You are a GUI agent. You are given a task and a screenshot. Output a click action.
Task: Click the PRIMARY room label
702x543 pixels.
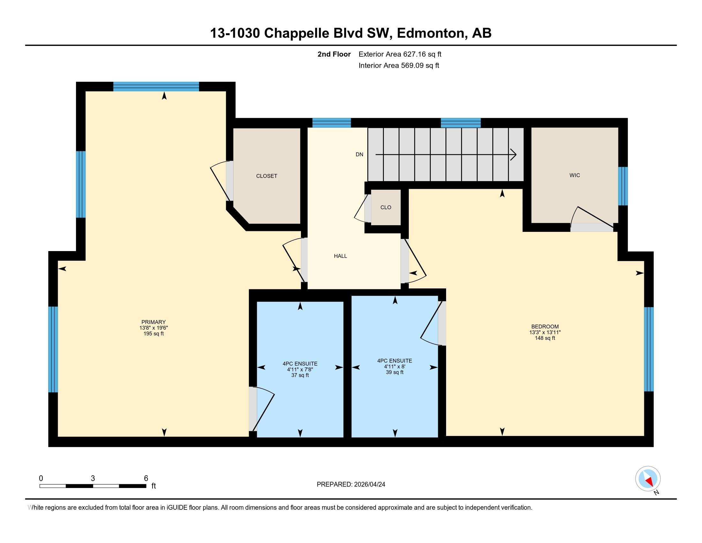click(x=153, y=322)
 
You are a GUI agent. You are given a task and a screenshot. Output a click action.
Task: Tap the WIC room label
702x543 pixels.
click(x=574, y=175)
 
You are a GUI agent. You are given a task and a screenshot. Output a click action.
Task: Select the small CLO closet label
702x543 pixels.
click(x=385, y=208)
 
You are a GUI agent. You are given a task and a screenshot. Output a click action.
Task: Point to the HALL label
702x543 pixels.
click(x=340, y=256)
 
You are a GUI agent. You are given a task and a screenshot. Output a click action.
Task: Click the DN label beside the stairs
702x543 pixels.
click(x=359, y=154)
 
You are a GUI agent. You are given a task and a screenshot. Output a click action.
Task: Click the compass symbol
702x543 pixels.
click(x=648, y=479)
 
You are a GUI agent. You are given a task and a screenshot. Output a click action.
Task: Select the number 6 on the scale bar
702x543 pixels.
click(x=146, y=478)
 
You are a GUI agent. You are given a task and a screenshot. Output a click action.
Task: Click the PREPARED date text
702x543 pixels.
click(x=351, y=485)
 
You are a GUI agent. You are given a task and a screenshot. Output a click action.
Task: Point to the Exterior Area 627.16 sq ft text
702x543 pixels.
click(x=400, y=54)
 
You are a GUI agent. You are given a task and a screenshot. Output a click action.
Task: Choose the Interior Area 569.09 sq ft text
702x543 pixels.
click(x=399, y=65)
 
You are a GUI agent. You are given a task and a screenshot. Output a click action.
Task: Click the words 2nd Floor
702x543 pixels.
click(x=334, y=54)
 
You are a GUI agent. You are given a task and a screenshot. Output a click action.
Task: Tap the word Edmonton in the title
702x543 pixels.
click(x=432, y=33)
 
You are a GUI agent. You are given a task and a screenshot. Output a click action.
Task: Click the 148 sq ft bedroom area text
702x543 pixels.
click(x=544, y=338)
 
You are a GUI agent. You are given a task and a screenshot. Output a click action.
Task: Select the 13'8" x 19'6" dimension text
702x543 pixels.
click(x=153, y=328)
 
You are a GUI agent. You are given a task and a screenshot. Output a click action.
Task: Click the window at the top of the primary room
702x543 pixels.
click(x=156, y=87)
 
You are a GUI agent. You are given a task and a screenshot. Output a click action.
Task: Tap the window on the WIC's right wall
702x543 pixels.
click(x=623, y=186)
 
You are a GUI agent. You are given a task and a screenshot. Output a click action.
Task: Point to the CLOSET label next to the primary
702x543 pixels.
click(x=266, y=176)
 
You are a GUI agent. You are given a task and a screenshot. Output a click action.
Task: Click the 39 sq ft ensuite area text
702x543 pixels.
click(x=394, y=372)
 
